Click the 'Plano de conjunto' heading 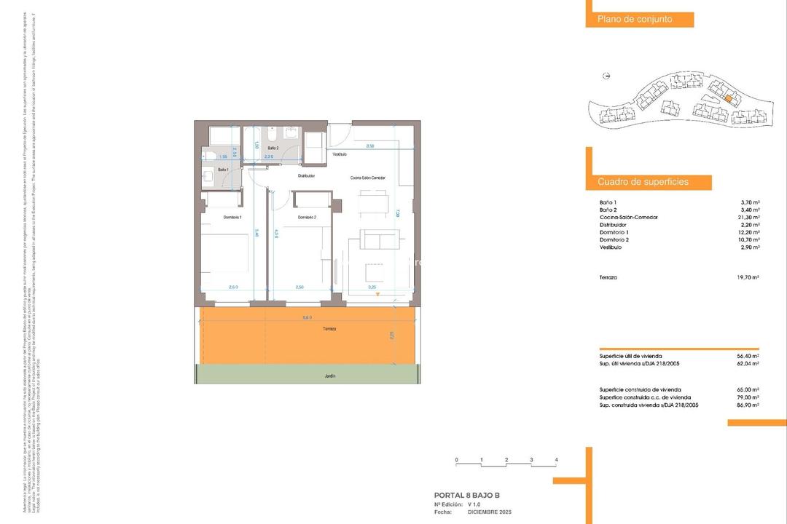point(635,20)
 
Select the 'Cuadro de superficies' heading point(643,182)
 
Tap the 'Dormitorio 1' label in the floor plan point(231,218)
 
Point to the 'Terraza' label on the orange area point(330,329)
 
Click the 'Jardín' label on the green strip point(330,376)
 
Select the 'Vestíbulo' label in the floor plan point(340,154)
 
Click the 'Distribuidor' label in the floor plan point(306,176)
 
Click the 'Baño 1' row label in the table point(608,202)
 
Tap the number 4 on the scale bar point(556,460)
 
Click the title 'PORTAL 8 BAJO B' point(467,495)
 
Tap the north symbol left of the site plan point(606,76)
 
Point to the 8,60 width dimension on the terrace point(307,317)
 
